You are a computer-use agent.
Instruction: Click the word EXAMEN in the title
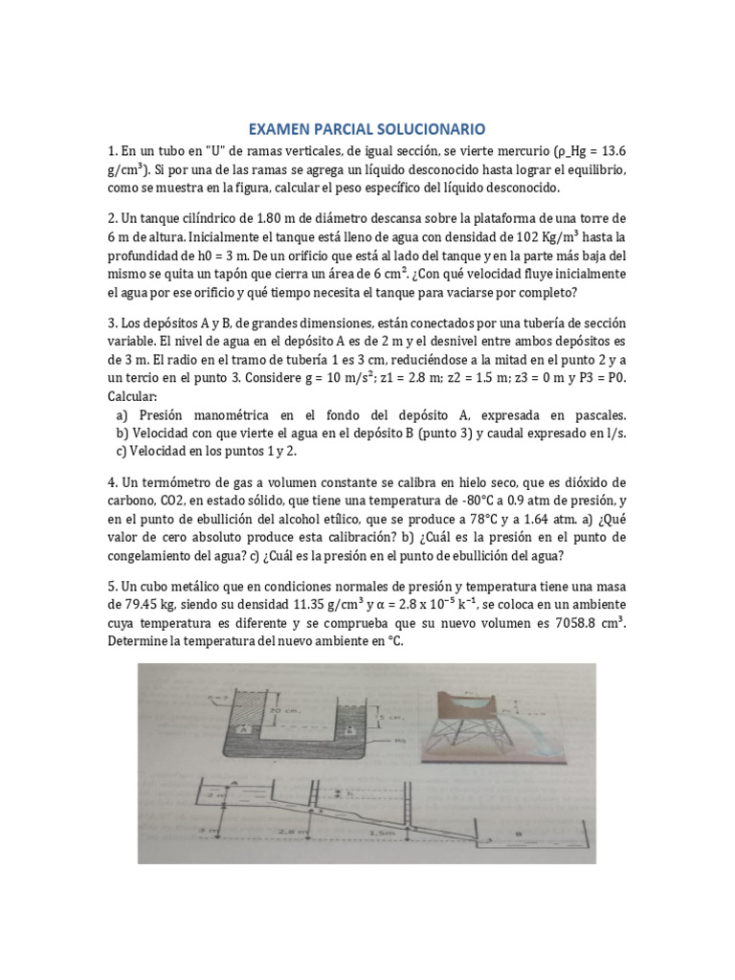click(280, 127)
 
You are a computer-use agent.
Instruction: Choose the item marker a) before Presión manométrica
click(122, 414)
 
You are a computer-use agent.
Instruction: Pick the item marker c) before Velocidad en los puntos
click(122, 451)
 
